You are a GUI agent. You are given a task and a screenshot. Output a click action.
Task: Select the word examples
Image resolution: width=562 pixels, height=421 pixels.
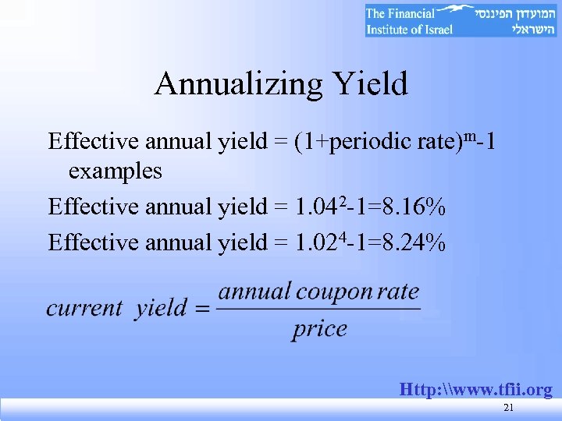(116, 170)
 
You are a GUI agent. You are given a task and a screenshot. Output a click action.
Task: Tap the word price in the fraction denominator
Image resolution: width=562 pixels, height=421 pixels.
(319, 329)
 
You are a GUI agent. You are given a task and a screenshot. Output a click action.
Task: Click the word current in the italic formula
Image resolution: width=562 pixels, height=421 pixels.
(84, 308)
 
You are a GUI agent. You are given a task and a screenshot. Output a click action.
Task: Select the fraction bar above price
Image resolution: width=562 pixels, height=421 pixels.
(318, 310)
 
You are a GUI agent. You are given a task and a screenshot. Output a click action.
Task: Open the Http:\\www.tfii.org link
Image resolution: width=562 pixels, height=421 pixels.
(475, 389)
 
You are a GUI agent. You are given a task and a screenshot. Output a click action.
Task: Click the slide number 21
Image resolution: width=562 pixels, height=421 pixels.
(509, 409)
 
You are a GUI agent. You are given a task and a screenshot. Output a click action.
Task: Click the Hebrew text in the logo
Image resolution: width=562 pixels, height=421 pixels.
(511, 21)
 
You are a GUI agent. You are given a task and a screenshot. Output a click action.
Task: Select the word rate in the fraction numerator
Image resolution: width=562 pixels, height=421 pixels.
(398, 292)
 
